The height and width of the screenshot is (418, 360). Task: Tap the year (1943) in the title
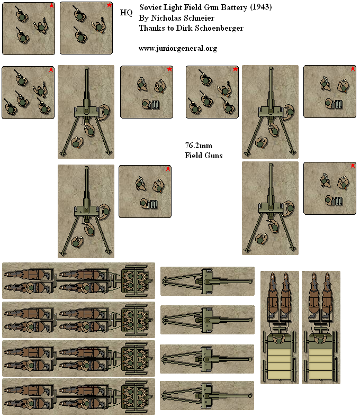[x=261, y=7]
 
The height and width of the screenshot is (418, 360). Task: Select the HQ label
[x=126, y=13]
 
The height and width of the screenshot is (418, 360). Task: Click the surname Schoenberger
[x=218, y=28]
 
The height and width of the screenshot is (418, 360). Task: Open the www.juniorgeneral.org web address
[x=178, y=48]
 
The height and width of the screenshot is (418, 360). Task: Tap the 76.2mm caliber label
[x=199, y=146]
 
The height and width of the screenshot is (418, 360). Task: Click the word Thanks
[x=149, y=28]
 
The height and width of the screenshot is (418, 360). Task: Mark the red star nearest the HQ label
[x=109, y=5]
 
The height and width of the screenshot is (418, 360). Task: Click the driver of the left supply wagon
[x=279, y=340]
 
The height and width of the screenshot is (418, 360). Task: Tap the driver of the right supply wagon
[x=320, y=340]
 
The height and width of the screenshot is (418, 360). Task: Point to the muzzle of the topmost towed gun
[x=250, y=281]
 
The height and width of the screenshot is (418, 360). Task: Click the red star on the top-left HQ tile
[x=51, y=6]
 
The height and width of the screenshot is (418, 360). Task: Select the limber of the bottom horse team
[x=135, y=396]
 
